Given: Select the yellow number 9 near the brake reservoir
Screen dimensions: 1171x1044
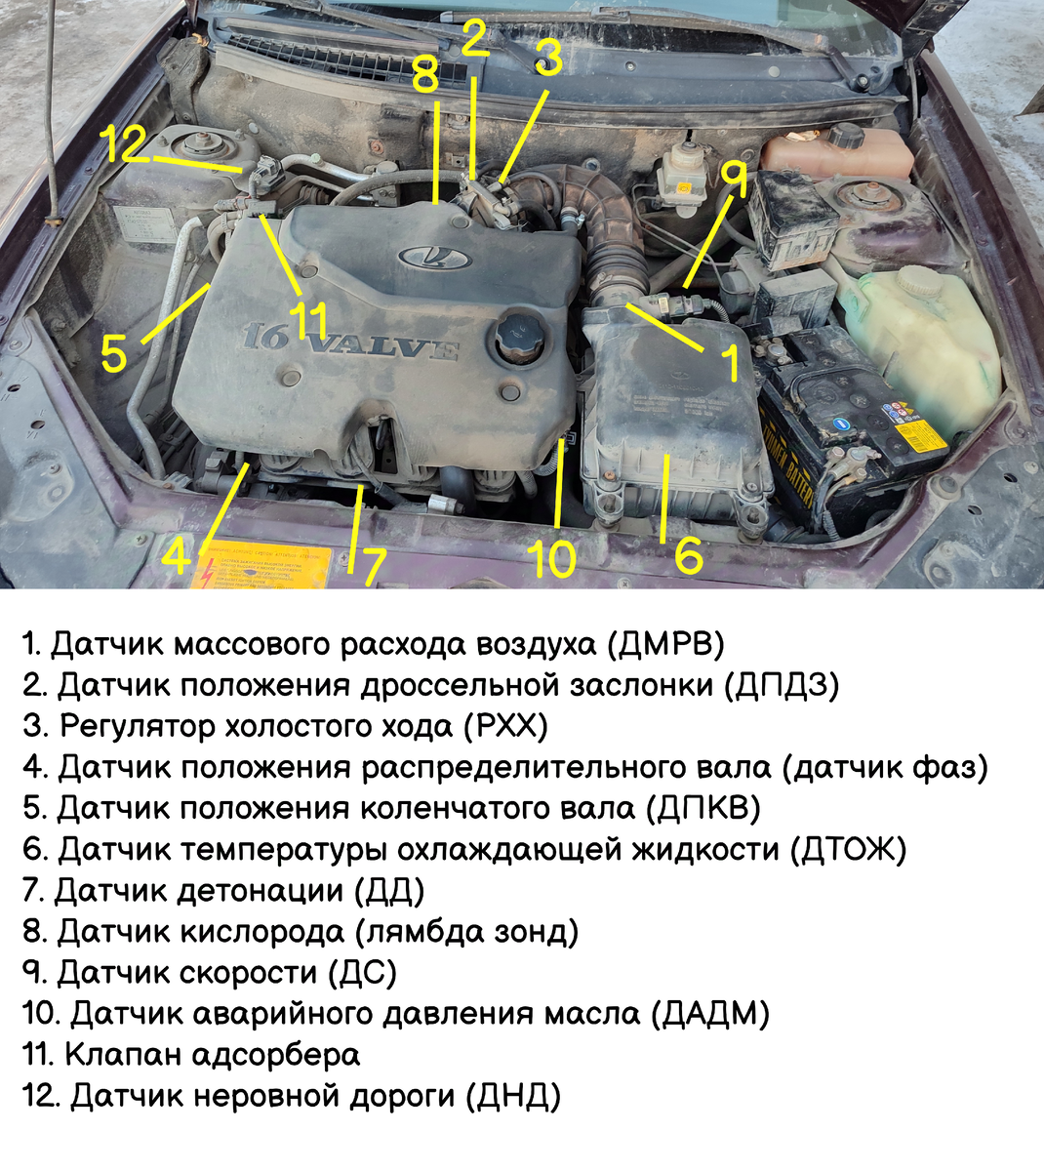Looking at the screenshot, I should click(x=734, y=181).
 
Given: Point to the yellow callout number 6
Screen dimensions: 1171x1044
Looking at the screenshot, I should click(x=688, y=555).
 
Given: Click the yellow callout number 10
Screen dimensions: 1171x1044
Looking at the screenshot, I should click(x=551, y=559).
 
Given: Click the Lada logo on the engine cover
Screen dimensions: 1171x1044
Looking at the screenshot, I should click(x=434, y=257).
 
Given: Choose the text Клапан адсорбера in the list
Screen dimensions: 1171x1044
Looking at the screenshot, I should click(x=212, y=1055).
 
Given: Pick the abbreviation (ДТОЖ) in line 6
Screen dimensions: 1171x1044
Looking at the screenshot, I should click(x=848, y=850).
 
